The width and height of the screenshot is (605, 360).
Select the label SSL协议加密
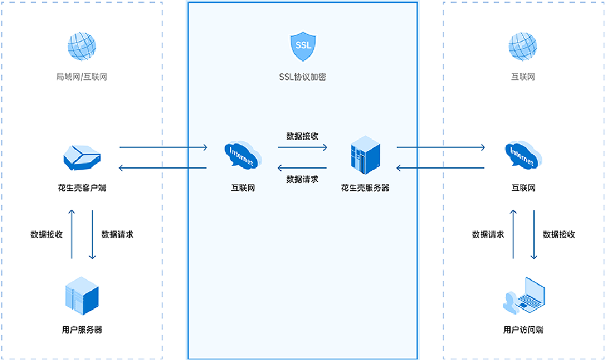pos(302,77)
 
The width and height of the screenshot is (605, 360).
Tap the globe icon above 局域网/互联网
pos(82,47)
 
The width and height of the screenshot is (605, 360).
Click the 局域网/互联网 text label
pos(82,77)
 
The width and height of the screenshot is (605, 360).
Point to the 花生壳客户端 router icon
pos(82,157)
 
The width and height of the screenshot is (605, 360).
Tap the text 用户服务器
pos(82,330)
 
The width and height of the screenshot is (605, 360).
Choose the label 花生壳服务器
pos(365,188)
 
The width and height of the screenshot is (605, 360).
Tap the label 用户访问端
pos(523,330)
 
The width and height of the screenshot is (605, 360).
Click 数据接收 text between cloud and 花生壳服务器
pos(302,136)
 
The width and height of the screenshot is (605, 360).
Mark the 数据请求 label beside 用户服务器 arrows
pos(117,234)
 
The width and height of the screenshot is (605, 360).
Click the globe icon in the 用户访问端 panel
pos(523,47)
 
